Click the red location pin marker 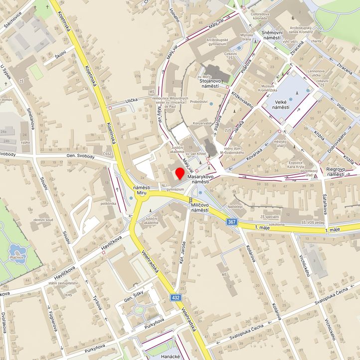(180, 175)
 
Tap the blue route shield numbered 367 (232, 222)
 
